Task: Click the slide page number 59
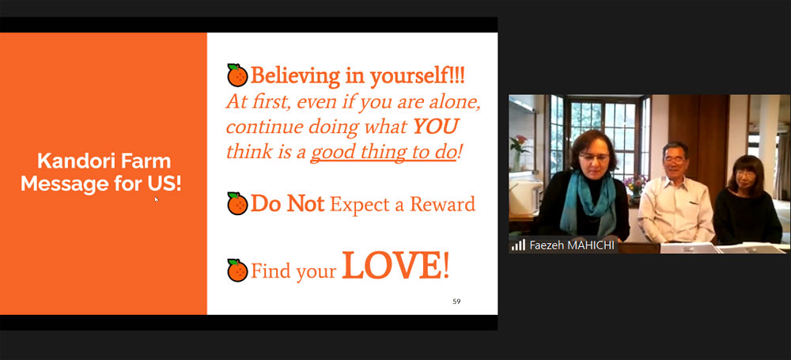(456, 301)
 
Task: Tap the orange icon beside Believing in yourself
(237, 75)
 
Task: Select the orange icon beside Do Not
(237, 203)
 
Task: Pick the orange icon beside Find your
(237, 270)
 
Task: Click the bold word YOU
(435, 127)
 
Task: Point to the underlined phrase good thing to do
(383, 152)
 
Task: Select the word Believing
(295, 76)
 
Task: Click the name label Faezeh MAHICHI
(572, 245)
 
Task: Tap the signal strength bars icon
(518, 245)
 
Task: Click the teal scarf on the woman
(589, 202)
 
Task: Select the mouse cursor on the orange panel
(157, 199)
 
